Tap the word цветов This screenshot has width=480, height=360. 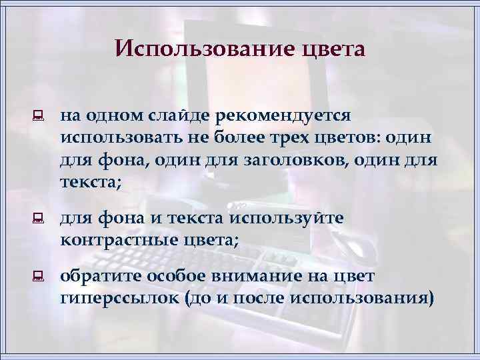[x=353, y=139]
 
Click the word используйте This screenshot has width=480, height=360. [x=286, y=218]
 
